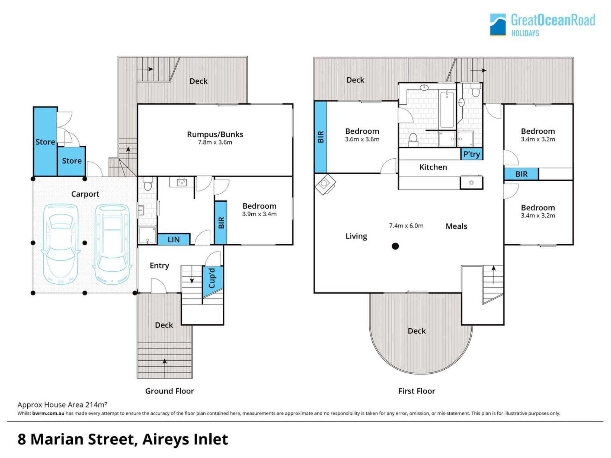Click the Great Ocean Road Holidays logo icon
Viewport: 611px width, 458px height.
click(x=498, y=24)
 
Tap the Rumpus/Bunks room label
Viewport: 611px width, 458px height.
click(x=215, y=134)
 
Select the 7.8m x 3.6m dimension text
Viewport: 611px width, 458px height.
click(x=215, y=142)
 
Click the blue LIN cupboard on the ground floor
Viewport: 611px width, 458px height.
click(x=174, y=239)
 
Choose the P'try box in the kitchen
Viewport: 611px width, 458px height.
click(x=472, y=154)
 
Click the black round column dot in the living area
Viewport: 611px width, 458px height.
click(x=395, y=246)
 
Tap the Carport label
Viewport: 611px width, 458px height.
click(x=85, y=194)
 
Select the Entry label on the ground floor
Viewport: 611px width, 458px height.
click(x=159, y=266)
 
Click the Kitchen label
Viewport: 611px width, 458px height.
click(x=433, y=167)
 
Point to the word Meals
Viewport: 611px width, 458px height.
click(x=456, y=226)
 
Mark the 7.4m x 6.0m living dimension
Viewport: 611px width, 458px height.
click(x=406, y=226)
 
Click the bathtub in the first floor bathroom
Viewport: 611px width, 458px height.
click(x=447, y=109)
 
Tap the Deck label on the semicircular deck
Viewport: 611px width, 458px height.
click(x=417, y=331)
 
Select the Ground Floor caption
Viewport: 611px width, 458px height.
click(x=169, y=391)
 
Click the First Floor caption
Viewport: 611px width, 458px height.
click(x=417, y=391)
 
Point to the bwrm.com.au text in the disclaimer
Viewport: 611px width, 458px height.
click(x=48, y=413)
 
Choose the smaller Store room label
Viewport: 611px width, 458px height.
click(x=72, y=161)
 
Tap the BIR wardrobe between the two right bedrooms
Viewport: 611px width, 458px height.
click(x=521, y=174)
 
